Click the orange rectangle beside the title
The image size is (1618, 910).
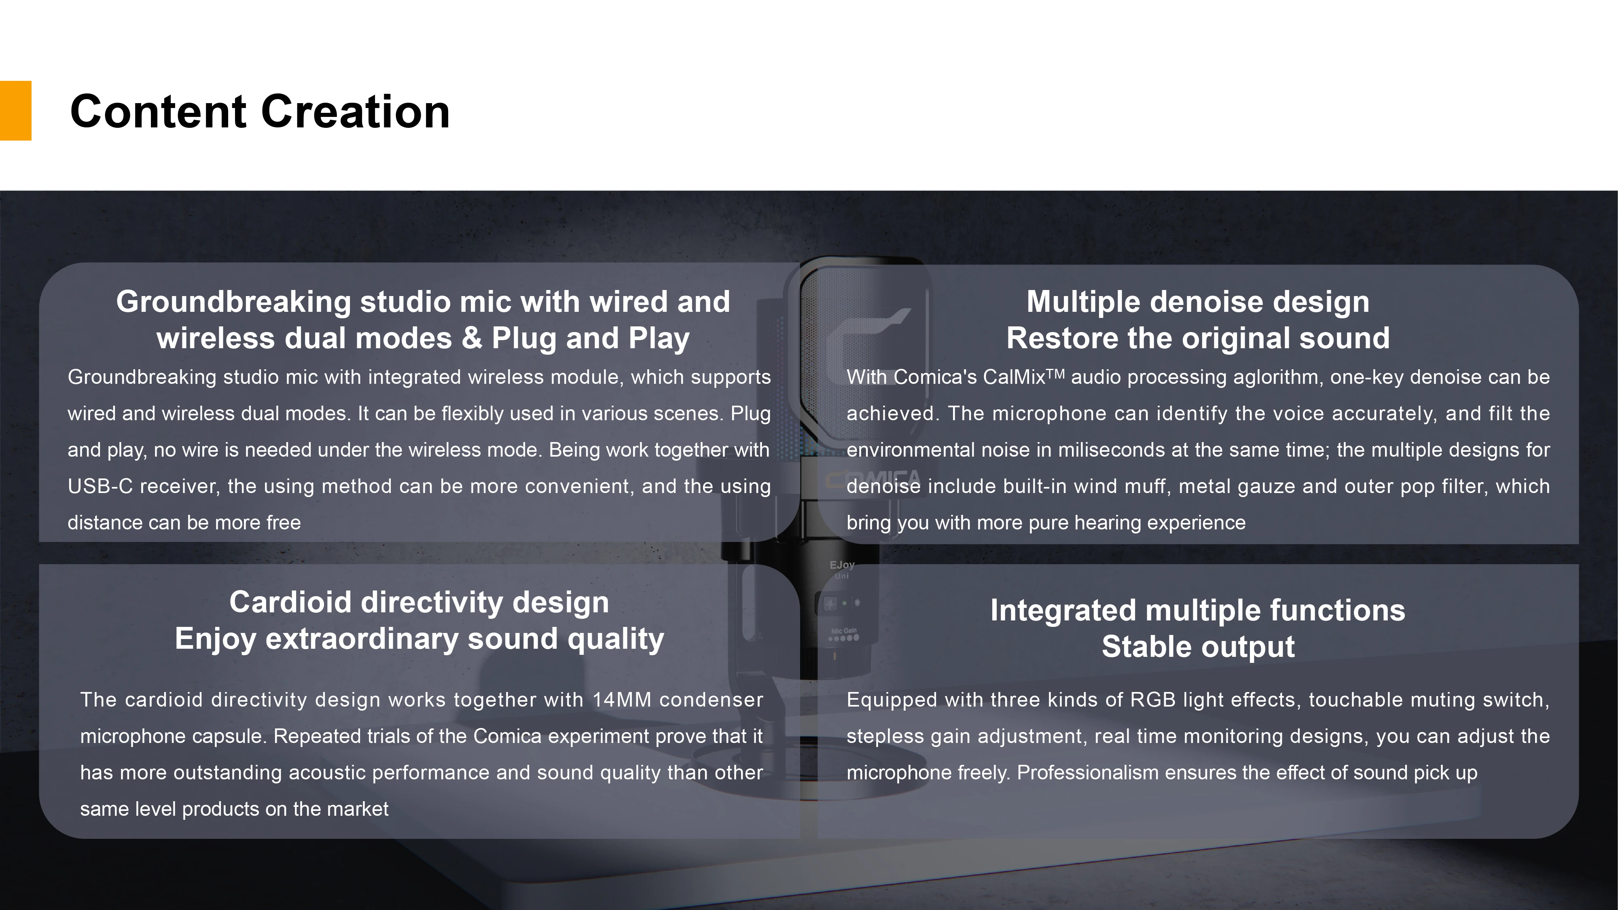(x=16, y=110)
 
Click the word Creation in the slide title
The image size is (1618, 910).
(x=356, y=111)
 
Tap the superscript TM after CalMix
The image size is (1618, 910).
(x=1055, y=374)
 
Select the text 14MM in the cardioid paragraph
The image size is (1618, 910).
(x=622, y=700)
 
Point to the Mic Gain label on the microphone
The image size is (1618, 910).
(x=843, y=631)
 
